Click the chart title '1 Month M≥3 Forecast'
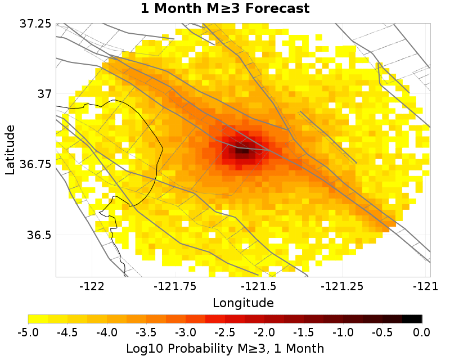pyautogui.click(x=225, y=8)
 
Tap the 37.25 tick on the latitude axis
pyautogui.click(x=35, y=24)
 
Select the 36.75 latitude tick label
pyautogui.click(x=35, y=164)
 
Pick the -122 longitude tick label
pyautogui.click(x=92, y=286)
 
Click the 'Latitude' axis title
pyautogui.click(x=10, y=150)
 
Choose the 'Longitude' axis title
pyautogui.click(x=243, y=303)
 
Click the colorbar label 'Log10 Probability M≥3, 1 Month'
pyautogui.click(x=225, y=348)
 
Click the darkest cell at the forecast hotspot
pyautogui.click(x=242, y=151)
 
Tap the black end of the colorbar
pyautogui.click(x=416, y=319)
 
